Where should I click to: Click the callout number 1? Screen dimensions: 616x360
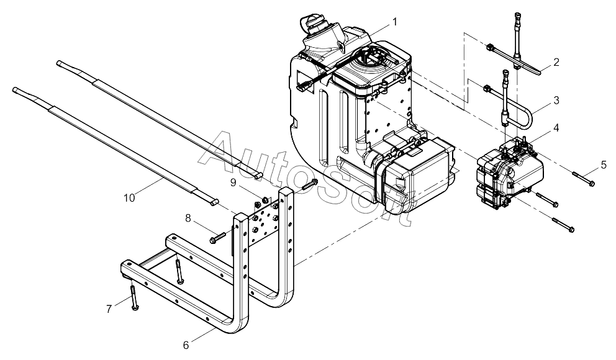pos(394,22)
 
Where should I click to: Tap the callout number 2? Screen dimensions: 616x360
pos(556,62)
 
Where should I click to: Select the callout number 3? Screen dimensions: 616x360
pos(556,100)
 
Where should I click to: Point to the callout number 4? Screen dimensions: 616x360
pos(556,128)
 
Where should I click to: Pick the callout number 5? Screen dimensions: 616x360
pos(604,165)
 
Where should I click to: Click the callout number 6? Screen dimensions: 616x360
pos(186,345)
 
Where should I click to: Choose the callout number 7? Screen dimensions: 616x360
pos(109,309)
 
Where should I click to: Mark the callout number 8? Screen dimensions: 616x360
pos(188,218)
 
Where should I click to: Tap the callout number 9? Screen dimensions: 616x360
pos(233,182)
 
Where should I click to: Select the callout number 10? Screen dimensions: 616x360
pos(129,198)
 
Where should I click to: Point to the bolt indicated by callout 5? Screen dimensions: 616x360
pos(583,178)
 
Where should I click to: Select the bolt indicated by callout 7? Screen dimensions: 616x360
pos(134,298)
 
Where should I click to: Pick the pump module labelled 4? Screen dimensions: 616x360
pos(510,172)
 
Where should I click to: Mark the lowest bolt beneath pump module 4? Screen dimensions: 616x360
pos(563,225)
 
